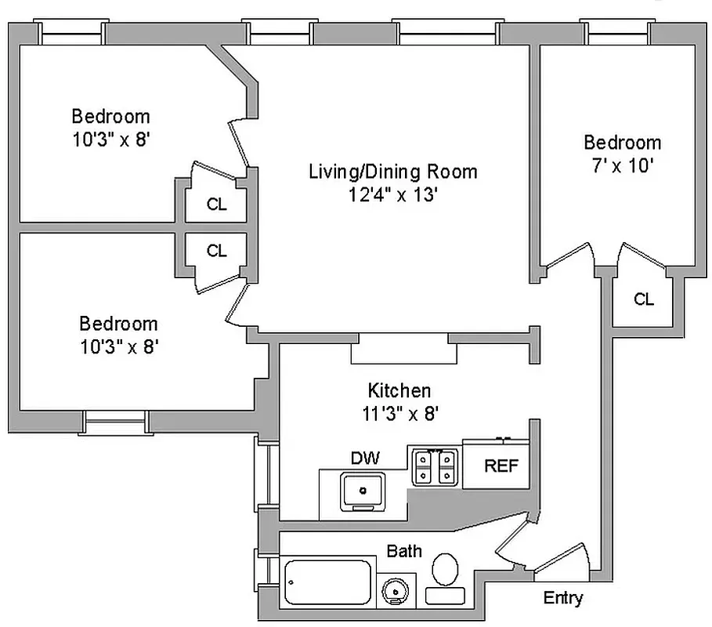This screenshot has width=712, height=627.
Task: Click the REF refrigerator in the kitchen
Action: [501, 466]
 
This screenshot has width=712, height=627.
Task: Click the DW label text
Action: [365, 458]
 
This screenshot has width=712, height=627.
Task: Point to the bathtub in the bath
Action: [327, 582]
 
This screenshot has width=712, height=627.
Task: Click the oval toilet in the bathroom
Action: [446, 568]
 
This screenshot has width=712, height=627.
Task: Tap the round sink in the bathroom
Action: [396, 589]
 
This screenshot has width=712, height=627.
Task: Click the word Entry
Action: [563, 599]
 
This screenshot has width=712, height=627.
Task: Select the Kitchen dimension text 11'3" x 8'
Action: [399, 414]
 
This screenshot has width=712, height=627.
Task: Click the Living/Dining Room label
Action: [392, 171]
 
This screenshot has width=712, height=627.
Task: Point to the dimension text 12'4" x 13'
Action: [392, 194]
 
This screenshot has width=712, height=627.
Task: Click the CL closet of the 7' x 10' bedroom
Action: [643, 299]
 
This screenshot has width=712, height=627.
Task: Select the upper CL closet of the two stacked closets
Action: [217, 205]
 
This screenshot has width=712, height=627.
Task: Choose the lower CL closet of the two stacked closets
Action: [217, 251]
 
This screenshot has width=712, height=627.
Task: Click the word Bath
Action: [404, 551]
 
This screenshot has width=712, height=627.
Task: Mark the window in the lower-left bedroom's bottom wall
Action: [115, 422]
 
